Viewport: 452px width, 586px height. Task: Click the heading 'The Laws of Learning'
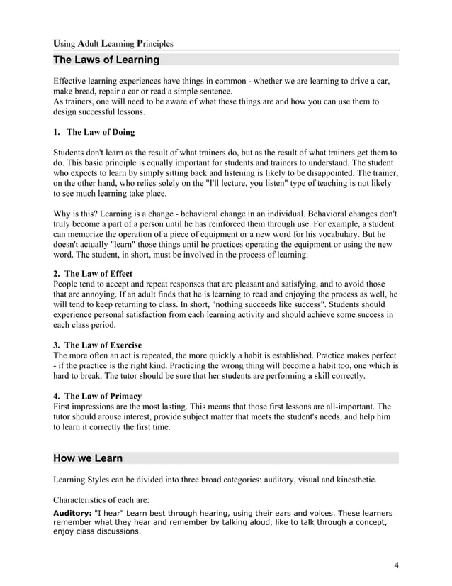point(107,60)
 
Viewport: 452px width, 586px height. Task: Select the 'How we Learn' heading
point(89,458)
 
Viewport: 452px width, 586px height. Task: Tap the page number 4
point(397,565)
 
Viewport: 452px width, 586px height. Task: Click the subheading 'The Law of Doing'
point(98,132)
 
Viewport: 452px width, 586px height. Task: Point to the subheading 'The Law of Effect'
point(98,274)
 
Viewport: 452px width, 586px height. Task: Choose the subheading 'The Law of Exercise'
point(102,345)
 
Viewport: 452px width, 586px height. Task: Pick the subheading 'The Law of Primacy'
point(103,396)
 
